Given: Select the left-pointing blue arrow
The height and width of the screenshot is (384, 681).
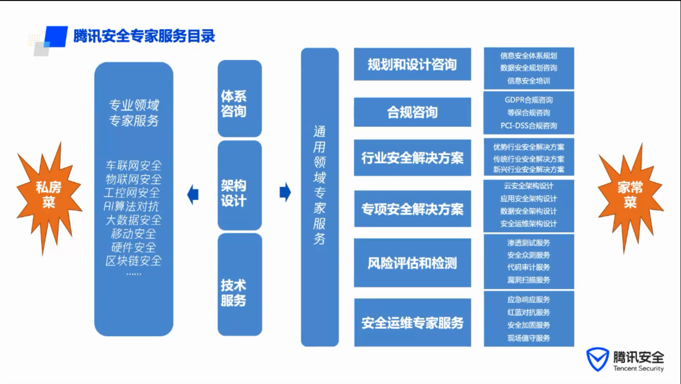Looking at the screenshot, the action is tap(193, 194).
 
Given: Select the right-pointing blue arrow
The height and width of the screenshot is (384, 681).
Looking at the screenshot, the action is tap(285, 192).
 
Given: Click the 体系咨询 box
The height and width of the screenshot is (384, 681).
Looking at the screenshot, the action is tap(239, 98).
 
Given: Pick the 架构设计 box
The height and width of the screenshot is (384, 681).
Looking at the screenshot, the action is tap(239, 185).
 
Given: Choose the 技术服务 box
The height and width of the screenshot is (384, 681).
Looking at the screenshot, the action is tap(239, 285).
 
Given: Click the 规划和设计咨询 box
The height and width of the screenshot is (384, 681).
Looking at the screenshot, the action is tap(413, 64).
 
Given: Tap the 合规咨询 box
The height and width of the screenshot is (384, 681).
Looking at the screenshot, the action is tap(413, 112).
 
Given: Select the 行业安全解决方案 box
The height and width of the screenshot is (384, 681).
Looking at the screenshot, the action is tap(413, 157).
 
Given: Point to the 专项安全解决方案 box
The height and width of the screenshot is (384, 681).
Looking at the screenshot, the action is tap(413, 209).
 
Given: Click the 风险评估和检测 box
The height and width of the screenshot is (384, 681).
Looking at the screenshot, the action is tap(413, 263).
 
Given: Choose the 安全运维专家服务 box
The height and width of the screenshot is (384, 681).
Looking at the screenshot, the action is tap(413, 322).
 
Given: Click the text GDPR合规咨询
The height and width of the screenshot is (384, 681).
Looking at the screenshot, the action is tap(528, 100).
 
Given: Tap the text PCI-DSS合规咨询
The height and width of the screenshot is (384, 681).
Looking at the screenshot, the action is tap(528, 126).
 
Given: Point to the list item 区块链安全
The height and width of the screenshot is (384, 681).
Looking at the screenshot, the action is tap(134, 261).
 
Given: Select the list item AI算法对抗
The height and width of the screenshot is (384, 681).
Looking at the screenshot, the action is tap(131, 206).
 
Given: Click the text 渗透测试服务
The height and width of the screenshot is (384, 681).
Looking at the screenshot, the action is tap(528, 243).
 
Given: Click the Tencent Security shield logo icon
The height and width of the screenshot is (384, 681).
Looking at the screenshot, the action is tap(597, 359).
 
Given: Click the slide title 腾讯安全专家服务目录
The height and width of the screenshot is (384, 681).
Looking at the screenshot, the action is tap(144, 36).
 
